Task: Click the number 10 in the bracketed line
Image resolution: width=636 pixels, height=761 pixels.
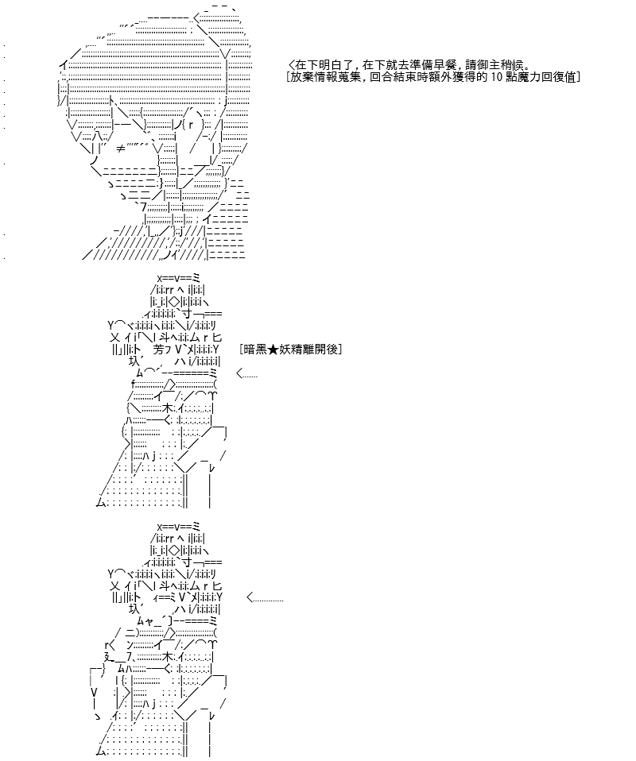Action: pos(496,77)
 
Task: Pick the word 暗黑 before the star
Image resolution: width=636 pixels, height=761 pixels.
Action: pos(256,349)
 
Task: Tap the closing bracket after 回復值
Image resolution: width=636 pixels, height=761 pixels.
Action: pos(578,77)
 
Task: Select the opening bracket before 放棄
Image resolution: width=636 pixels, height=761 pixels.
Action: pos(289,77)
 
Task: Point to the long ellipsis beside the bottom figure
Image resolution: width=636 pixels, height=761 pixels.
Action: pos(265,598)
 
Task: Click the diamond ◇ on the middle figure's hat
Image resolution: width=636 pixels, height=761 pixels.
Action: pos(174,303)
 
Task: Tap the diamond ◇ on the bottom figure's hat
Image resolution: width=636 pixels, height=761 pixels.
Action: pos(174,550)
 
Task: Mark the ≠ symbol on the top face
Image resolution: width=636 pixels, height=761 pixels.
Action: pos(121,149)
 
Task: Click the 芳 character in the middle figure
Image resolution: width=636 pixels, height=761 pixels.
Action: pos(158,349)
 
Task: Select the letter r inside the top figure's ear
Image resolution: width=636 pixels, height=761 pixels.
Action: pos(191,124)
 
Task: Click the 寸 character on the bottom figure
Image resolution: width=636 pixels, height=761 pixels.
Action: pos(187,562)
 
